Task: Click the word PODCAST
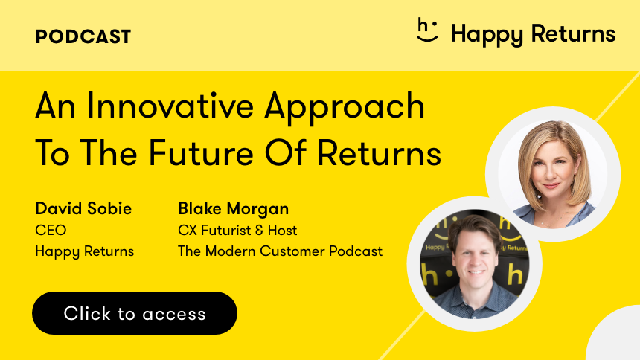click(x=83, y=36)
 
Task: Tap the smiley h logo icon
click(x=427, y=30)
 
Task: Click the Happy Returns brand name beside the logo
click(x=533, y=34)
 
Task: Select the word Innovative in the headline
click(x=170, y=106)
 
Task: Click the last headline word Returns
click(x=380, y=152)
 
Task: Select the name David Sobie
click(x=83, y=208)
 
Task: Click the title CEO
click(x=51, y=230)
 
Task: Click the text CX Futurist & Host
click(x=237, y=230)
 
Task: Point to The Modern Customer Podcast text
click(x=281, y=251)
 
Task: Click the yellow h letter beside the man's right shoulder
click(x=429, y=277)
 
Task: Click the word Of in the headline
click(x=285, y=152)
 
